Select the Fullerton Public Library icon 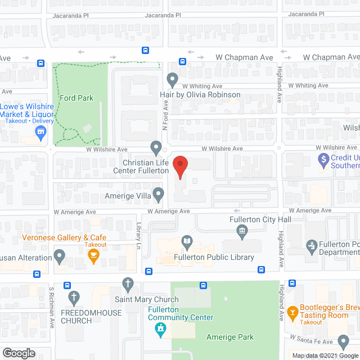click(x=187, y=243)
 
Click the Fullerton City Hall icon click(x=242, y=229)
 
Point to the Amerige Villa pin click(x=159, y=195)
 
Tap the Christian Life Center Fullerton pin click(x=156, y=148)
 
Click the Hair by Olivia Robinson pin click(x=173, y=79)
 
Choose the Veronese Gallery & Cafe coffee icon click(x=94, y=257)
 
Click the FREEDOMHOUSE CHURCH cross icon click(x=73, y=297)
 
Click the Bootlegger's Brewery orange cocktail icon click(x=292, y=311)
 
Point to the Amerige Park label click(x=229, y=337)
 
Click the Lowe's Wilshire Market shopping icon click(x=40, y=133)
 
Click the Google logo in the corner click(x=19, y=353)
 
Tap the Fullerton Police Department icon click(x=311, y=245)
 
